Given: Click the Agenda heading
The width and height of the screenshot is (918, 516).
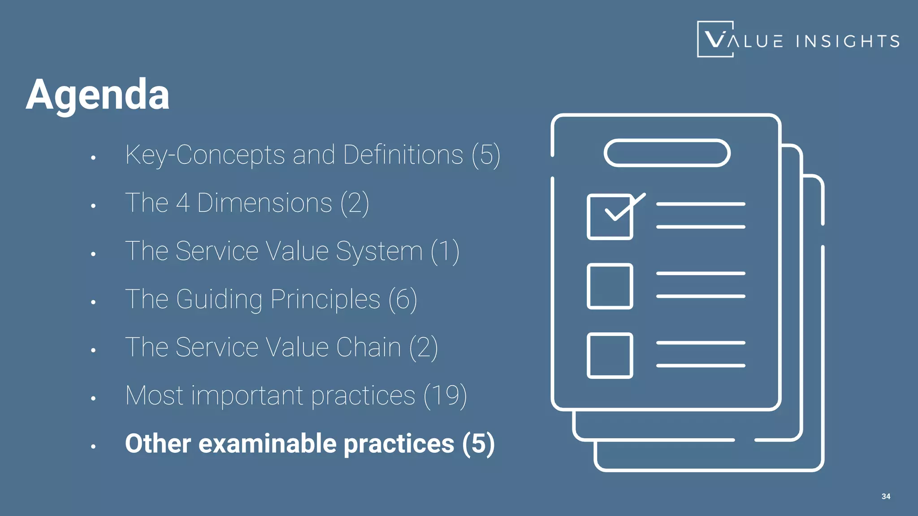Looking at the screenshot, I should [x=98, y=95].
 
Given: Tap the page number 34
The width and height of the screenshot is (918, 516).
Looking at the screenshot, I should [x=886, y=496].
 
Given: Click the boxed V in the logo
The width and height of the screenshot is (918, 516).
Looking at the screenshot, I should [x=715, y=39].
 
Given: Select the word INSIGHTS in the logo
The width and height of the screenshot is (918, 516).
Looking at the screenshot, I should [x=848, y=41].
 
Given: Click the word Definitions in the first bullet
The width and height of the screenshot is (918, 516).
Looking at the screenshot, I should [x=403, y=155].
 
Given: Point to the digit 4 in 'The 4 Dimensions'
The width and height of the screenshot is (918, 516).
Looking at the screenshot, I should [x=182, y=203].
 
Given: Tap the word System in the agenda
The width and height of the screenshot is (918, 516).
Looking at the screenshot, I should [x=379, y=251].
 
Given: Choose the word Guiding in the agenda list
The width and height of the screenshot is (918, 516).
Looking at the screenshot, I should [x=219, y=299].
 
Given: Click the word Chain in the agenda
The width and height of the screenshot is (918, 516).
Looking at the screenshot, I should [x=368, y=347].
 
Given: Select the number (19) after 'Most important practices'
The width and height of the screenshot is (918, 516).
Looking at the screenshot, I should [x=445, y=396].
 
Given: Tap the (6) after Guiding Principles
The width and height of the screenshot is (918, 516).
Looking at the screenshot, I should [x=403, y=299].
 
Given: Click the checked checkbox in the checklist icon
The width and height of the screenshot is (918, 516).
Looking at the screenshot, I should [x=610, y=217].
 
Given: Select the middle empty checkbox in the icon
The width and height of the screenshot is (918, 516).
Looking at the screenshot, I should [x=610, y=286].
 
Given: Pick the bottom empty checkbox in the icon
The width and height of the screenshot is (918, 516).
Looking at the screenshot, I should [x=610, y=356].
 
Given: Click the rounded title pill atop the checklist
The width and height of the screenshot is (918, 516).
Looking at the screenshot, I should [x=667, y=153].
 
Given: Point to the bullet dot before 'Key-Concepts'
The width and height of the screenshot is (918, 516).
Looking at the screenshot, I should [x=93, y=158].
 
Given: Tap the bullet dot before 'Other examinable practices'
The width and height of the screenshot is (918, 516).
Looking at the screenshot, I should [x=93, y=447].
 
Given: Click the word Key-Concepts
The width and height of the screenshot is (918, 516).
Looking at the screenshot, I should [x=205, y=155].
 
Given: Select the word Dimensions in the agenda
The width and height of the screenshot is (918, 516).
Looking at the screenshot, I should [x=264, y=203].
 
